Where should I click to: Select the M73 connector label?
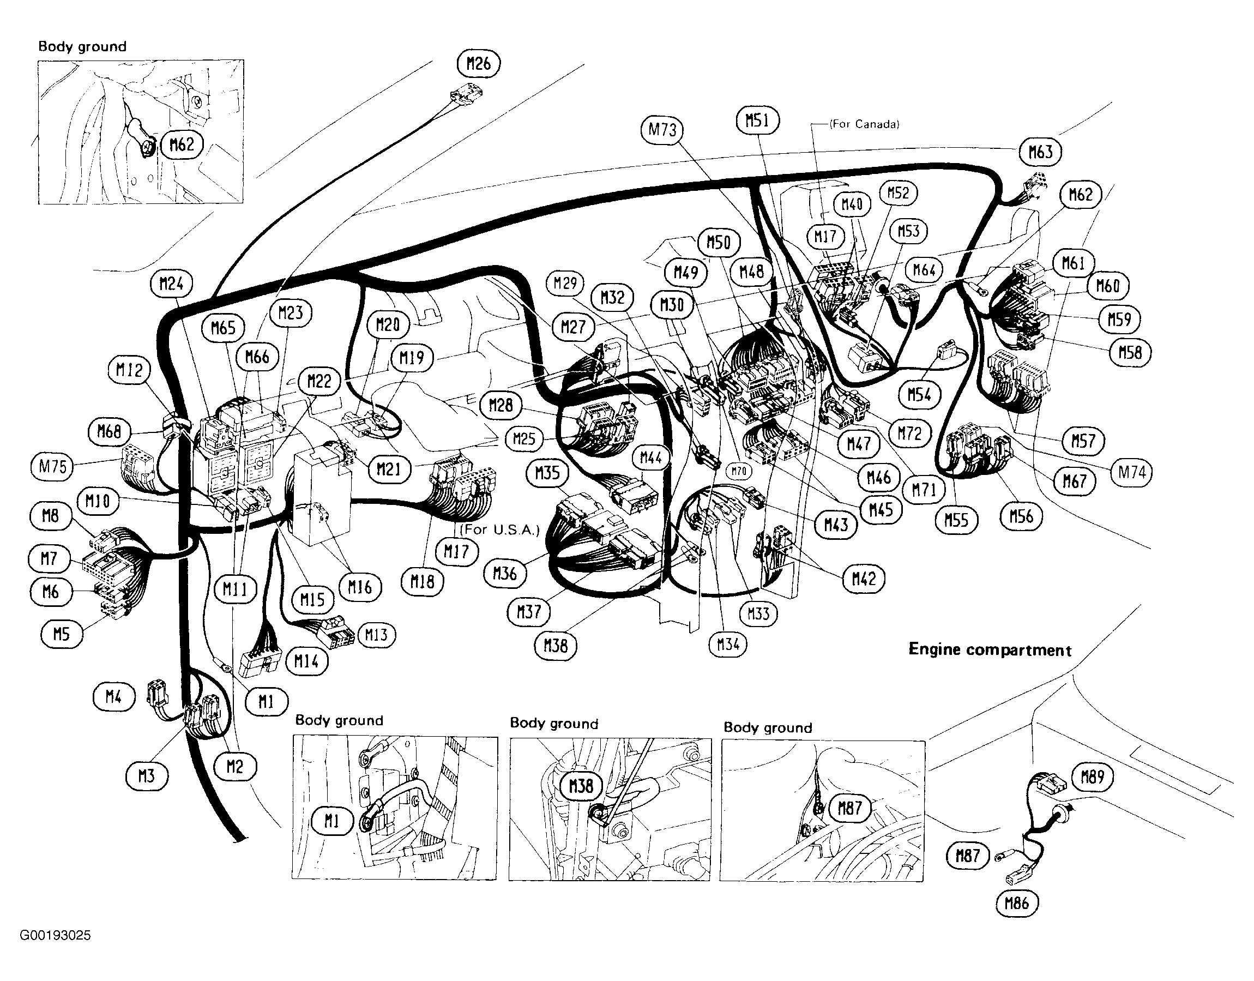tap(662, 129)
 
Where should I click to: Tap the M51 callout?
tap(757, 120)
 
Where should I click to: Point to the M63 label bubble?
tap(1040, 152)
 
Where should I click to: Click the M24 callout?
tap(171, 283)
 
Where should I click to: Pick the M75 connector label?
tap(52, 466)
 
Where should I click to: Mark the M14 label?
tap(306, 661)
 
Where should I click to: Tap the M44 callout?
tap(650, 458)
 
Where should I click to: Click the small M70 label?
tap(739, 472)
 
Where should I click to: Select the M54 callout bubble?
tap(919, 395)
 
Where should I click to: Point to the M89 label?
tap(1092, 777)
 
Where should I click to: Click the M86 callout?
tap(1017, 904)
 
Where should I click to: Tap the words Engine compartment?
tap(990, 649)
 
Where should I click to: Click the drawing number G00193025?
tap(55, 936)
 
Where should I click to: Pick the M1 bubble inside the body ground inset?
tap(332, 821)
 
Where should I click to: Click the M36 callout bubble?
tap(505, 573)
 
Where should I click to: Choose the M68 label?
tap(109, 431)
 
